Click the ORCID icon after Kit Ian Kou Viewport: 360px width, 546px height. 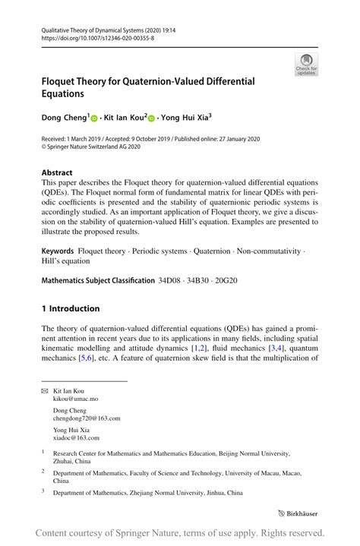(151, 118)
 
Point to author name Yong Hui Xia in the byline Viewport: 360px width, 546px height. (185, 118)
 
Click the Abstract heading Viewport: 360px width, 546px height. (58, 172)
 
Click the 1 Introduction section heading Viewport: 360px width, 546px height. (71, 309)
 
